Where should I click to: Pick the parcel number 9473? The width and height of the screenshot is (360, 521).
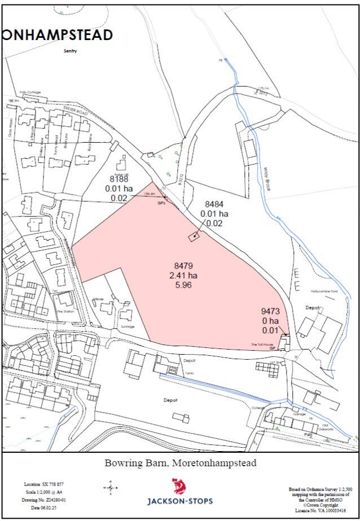coord(270,311)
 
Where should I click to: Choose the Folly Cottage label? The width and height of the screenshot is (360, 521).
coord(30,92)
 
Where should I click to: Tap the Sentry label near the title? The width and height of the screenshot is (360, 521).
coord(70,51)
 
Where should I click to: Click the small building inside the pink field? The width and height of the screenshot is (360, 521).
coord(194,236)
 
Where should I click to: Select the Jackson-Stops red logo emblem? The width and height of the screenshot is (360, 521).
coord(179,486)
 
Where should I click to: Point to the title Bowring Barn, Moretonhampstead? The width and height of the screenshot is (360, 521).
coord(180,463)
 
